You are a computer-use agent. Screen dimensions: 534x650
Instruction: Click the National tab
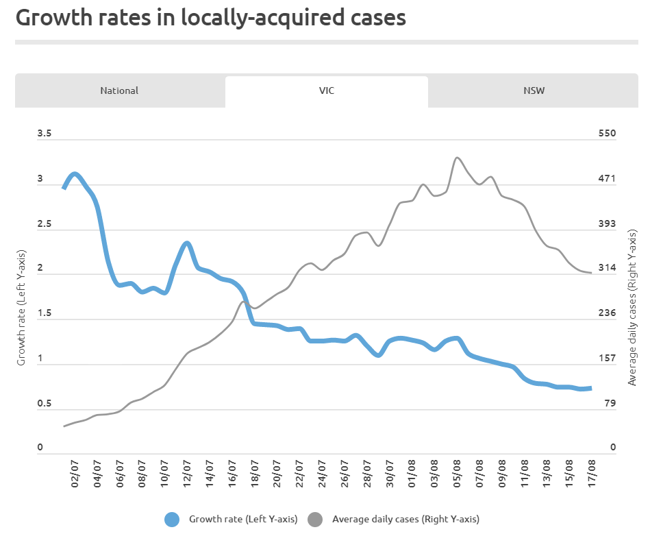119,90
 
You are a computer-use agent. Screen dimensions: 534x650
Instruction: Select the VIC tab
326,90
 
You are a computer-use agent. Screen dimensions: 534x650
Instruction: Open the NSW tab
534,90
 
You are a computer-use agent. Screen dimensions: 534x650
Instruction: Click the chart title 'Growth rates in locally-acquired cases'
211,18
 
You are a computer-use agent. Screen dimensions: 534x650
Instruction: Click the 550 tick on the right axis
608,134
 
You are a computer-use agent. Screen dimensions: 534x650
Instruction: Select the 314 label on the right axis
608,268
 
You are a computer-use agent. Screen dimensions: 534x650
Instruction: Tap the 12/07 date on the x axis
187,474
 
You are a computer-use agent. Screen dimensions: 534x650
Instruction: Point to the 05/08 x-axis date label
457,474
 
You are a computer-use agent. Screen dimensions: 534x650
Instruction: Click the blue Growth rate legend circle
173,520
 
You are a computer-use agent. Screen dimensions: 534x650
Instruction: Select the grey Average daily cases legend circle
316,520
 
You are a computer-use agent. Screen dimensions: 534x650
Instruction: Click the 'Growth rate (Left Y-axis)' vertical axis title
21,308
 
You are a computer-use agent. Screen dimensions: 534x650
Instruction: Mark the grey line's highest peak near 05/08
458,158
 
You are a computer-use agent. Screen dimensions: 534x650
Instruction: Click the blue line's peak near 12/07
186,243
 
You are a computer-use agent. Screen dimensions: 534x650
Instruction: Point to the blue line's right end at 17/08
590,389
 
